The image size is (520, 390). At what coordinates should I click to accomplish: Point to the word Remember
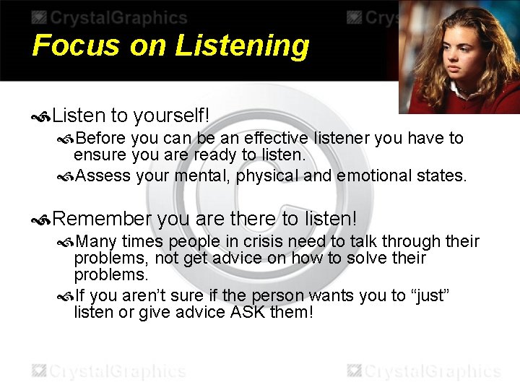[102, 218]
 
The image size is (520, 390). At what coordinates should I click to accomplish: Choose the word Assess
[103, 175]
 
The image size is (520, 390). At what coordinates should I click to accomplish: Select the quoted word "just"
[433, 295]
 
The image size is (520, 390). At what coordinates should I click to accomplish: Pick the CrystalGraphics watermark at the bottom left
[108, 371]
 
